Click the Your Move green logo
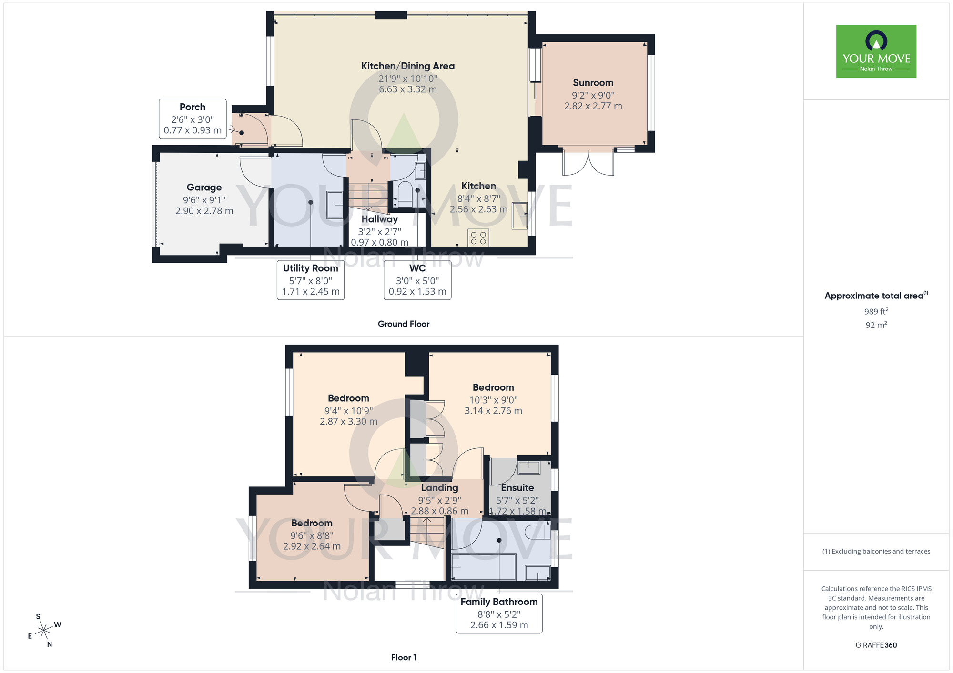(x=876, y=51)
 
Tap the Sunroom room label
(x=593, y=83)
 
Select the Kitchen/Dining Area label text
(x=407, y=66)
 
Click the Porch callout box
(x=193, y=119)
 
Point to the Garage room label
(x=204, y=188)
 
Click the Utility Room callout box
(x=310, y=280)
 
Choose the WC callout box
(x=417, y=280)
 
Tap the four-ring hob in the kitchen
(x=478, y=238)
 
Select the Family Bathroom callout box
(x=499, y=613)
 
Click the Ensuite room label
(x=517, y=488)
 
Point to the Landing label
(x=439, y=488)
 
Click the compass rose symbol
(x=44, y=631)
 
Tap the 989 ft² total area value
(x=876, y=311)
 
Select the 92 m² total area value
(x=876, y=325)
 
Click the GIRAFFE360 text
(x=876, y=645)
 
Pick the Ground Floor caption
(x=404, y=324)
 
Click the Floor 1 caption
(x=404, y=657)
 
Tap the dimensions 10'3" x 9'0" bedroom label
(x=493, y=400)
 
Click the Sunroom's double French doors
(x=588, y=163)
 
